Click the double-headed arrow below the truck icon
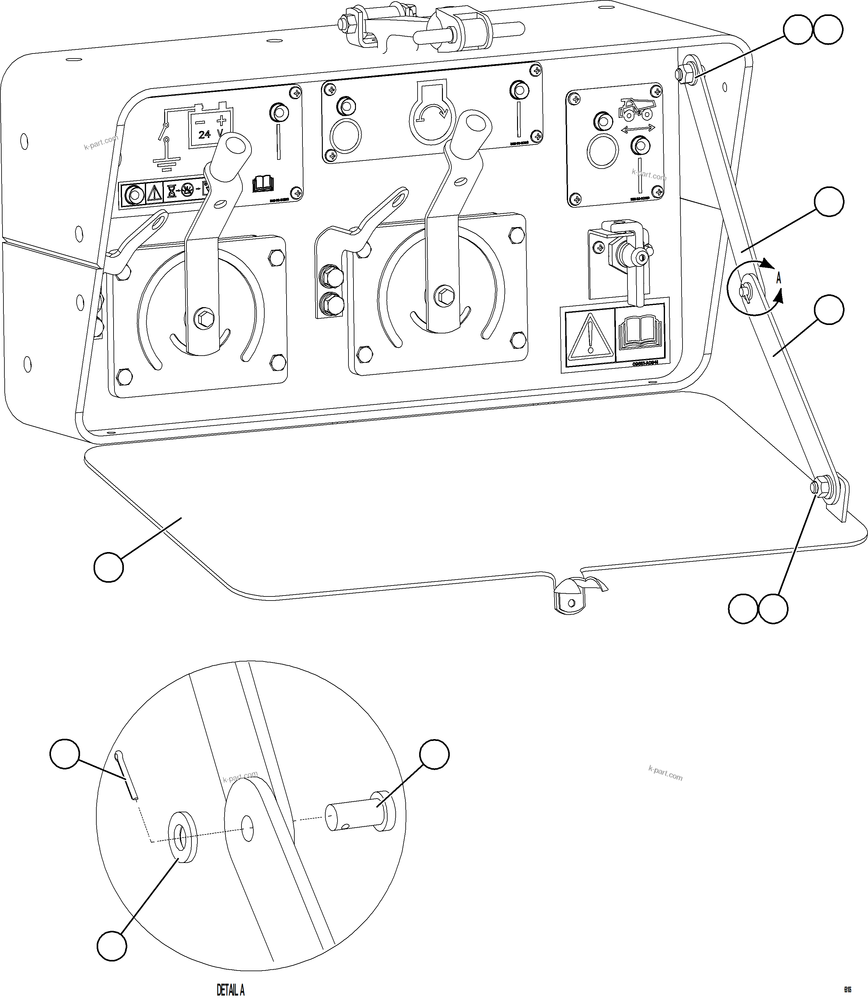(638, 128)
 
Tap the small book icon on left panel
(263, 184)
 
